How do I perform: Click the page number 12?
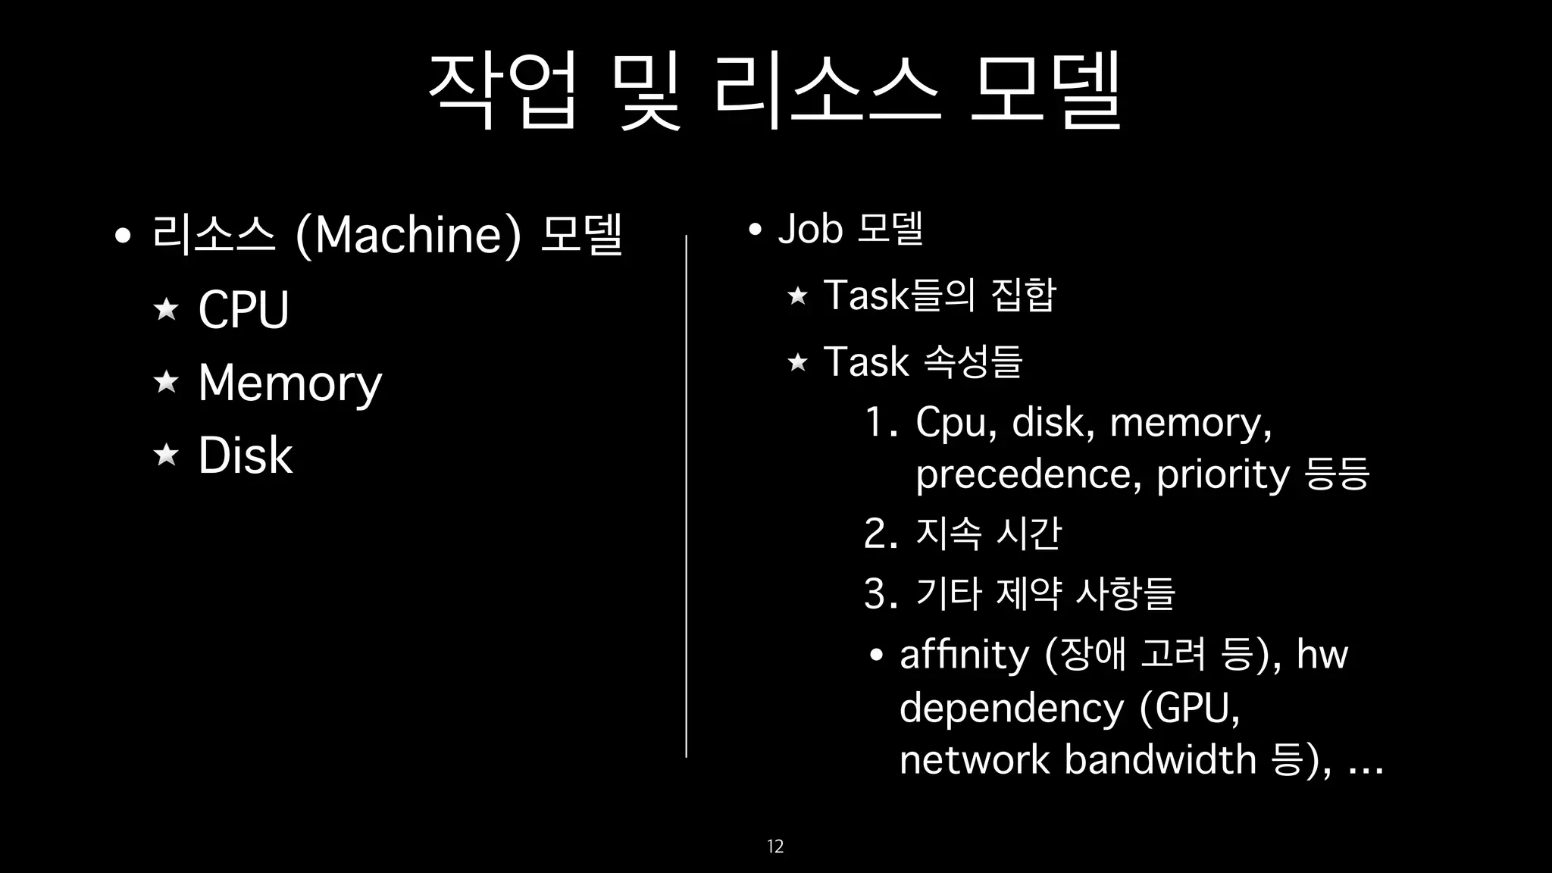click(775, 846)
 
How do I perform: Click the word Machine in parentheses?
click(408, 235)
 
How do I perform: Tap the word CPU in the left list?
click(243, 309)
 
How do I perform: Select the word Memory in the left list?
click(289, 383)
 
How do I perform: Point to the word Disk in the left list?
click(245, 455)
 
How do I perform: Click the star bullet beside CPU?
click(166, 309)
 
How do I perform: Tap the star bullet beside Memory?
click(166, 382)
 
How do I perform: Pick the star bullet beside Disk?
click(166, 455)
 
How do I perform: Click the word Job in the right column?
click(810, 229)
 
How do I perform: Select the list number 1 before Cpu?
click(879, 422)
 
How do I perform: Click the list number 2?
click(879, 533)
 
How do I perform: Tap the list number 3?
click(879, 593)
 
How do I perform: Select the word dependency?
click(1011, 709)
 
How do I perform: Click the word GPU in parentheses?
click(1191, 709)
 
